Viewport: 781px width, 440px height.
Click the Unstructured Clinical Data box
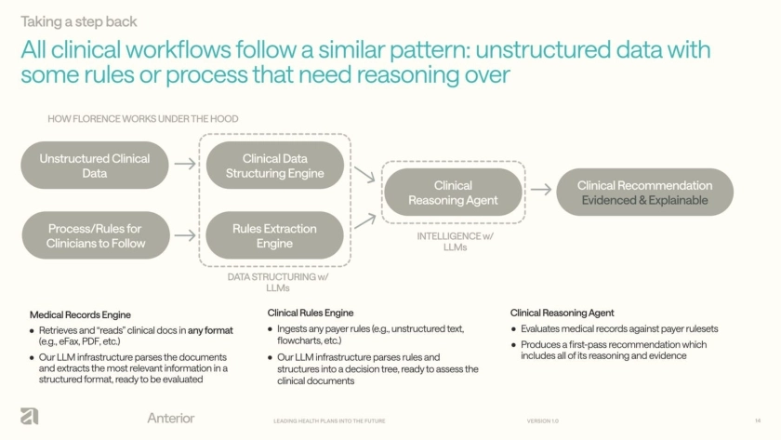click(94, 166)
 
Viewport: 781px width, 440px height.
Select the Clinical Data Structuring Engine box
click(274, 166)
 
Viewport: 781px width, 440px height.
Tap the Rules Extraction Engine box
click(274, 235)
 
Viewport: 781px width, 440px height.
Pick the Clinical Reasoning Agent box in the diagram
click(453, 193)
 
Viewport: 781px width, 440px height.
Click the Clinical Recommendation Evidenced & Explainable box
click(644, 193)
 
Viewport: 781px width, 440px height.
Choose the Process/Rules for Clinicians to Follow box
click(96, 235)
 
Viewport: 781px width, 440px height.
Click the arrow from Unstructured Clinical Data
click(185, 165)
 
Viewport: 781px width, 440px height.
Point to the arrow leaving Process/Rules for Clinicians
click(185, 235)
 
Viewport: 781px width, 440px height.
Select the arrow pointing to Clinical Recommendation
click(541, 191)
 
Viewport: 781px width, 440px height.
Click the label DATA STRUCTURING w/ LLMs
click(278, 282)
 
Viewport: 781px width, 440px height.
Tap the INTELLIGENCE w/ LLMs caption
click(455, 242)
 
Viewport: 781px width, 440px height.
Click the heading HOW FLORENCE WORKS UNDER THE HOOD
click(143, 119)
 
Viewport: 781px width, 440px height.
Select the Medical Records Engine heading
click(80, 314)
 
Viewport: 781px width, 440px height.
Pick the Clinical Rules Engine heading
click(311, 313)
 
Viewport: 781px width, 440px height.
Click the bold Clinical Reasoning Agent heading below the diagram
click(562, 313)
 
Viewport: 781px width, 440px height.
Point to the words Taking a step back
click(79, 21)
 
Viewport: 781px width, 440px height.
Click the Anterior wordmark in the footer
click(171, 418)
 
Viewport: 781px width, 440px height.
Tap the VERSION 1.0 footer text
click(542, 421)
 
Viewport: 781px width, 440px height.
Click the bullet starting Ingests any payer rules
click(370, 335)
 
